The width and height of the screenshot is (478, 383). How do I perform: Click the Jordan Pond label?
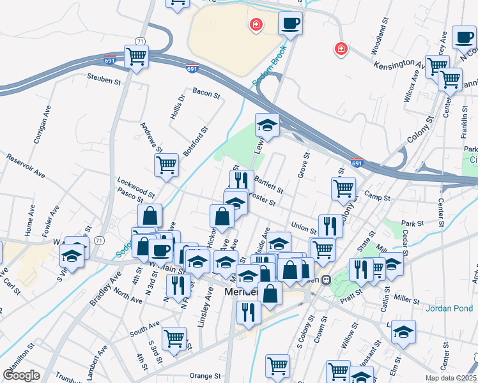click(450, 308)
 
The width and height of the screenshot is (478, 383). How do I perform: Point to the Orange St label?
click(204, 376)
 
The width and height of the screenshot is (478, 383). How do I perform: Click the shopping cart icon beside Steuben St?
click(137, 56)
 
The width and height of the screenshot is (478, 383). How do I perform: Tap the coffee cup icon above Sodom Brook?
click(289, 24)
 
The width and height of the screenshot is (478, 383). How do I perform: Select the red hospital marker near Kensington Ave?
click(341, 49)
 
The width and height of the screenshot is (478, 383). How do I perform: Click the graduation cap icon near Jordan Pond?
click(404, 332)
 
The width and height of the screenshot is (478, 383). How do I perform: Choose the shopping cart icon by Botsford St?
click(166, 165)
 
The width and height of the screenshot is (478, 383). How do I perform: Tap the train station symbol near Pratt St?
click(325, 279)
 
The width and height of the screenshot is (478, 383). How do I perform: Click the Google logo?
click(20, 375)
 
